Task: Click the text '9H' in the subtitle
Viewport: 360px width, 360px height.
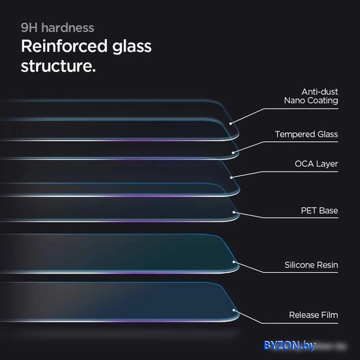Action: click(29, 27)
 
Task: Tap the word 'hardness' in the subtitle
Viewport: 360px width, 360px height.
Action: click(67, 27)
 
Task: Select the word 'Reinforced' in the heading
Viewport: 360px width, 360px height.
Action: click(64, 46)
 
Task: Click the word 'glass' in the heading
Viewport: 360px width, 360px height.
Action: click(132, 47)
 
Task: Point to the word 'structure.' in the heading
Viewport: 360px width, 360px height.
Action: click(58, 66)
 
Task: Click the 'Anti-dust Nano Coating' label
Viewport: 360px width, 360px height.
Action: click(311, 96)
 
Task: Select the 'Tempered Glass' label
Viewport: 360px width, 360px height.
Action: click(306, 134)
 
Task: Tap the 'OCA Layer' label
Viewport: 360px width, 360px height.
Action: click(316, 164)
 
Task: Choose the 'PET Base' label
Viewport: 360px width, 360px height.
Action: click(319, 211)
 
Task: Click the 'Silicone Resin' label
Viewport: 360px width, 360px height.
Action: click(311, 265)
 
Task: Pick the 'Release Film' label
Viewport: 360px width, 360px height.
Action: click(314, 315)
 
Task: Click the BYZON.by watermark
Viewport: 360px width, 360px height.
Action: click(289, 346)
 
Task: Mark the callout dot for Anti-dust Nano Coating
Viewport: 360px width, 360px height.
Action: click(230, 124)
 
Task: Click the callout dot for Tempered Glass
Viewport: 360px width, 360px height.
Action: click(233, 153)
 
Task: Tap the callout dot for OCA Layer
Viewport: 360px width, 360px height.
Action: click(232, 177)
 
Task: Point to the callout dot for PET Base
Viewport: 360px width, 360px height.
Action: click(234, 212)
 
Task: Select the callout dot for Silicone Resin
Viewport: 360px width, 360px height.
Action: click(234, 262)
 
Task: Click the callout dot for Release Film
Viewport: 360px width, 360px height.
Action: click(234, 310)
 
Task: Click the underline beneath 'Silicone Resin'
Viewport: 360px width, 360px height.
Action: click(300, 272)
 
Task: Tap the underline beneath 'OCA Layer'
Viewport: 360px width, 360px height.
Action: click(300, 171)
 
